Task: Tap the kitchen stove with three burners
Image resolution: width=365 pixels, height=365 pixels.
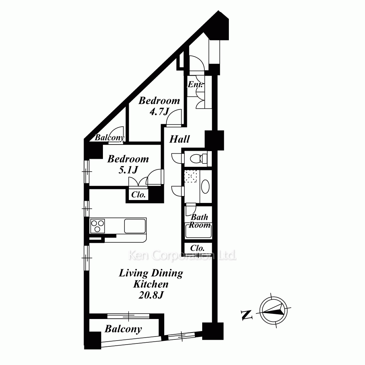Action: (97, 226)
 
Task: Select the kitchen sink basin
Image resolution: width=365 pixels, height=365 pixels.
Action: (135, 226)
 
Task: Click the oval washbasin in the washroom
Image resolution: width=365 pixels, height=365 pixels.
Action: (205, 187)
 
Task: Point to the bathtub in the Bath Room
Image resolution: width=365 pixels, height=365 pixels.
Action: (199, 231)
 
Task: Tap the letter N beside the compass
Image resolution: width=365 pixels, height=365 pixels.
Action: (247, 315)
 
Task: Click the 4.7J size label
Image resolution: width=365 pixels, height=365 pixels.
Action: (159, 112)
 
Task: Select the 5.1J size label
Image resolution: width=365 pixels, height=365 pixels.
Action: (128, 170)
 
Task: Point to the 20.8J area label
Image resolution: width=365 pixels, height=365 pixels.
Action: (151, 295)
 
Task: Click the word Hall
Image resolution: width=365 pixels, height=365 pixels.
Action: (180, 139)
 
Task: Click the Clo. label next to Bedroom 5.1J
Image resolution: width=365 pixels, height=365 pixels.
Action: (138, 195)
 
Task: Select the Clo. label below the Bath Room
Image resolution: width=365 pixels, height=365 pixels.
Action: (197, 248)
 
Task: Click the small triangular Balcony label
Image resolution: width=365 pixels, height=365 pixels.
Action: (109, 138)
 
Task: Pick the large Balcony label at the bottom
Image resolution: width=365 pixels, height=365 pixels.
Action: (123, 329)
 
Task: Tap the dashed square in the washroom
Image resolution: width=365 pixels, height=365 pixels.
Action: (191, 176)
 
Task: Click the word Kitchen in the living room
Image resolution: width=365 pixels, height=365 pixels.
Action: (151, 284)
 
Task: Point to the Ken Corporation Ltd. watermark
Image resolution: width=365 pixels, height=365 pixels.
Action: (182, 255)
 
